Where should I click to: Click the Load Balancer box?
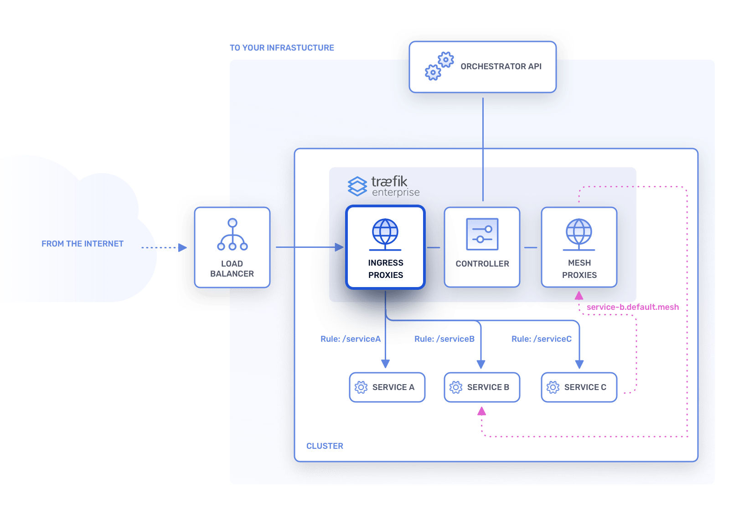(232, 247)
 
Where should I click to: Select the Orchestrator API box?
(482, 67)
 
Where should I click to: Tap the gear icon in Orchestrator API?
(439, 66)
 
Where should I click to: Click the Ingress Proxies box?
(385, 247)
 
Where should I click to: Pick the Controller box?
(482, 247)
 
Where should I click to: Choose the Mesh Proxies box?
(579, 247)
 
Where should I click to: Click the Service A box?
(387, 387)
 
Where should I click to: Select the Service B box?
(482, 387)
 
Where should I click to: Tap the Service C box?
(579, 387)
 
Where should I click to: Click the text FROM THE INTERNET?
(83, 244)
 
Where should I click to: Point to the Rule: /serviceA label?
(350, 339)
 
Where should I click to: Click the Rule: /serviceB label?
(444, 339)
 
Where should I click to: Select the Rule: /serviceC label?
(541, 339)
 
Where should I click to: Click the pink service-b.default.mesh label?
(632, 307)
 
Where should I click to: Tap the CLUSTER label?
(325, 446)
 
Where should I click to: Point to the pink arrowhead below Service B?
(481, 411)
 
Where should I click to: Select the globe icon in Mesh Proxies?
(579, 232)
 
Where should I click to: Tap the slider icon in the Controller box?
(482, 234)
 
